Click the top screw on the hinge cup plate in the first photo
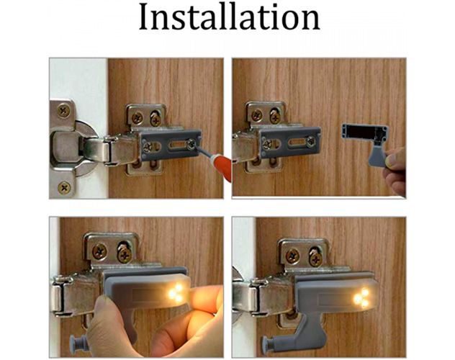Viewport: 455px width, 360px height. (65, 111)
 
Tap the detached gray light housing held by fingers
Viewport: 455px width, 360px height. (364, 134)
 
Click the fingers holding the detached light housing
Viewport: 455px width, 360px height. (396, 173)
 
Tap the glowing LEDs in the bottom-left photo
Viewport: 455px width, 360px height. (174, 291)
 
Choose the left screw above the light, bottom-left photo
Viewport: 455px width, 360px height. (99, 252)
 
